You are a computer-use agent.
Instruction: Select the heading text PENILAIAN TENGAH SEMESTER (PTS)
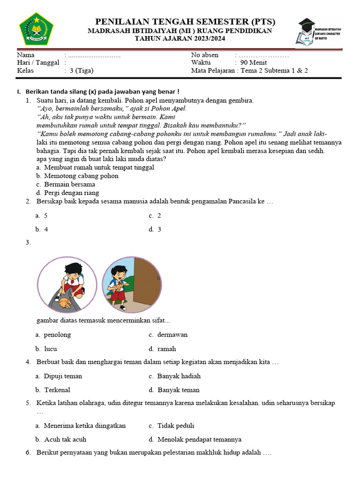(185, 22)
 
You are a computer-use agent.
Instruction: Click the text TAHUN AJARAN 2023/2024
(180, 39)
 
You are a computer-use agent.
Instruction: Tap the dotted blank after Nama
(94, 55)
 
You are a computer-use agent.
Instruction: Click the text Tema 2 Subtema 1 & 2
(274, 71)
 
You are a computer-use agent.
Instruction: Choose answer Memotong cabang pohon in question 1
(81, 176)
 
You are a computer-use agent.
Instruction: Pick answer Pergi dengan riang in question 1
(71, 193)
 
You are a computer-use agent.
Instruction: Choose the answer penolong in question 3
(57, 335)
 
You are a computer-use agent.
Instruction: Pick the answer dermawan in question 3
(172, 335)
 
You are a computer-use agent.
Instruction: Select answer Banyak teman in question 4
(178, 390)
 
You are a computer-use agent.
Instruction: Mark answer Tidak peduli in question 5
(175, 426)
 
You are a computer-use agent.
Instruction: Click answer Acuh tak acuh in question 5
(65, 440)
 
